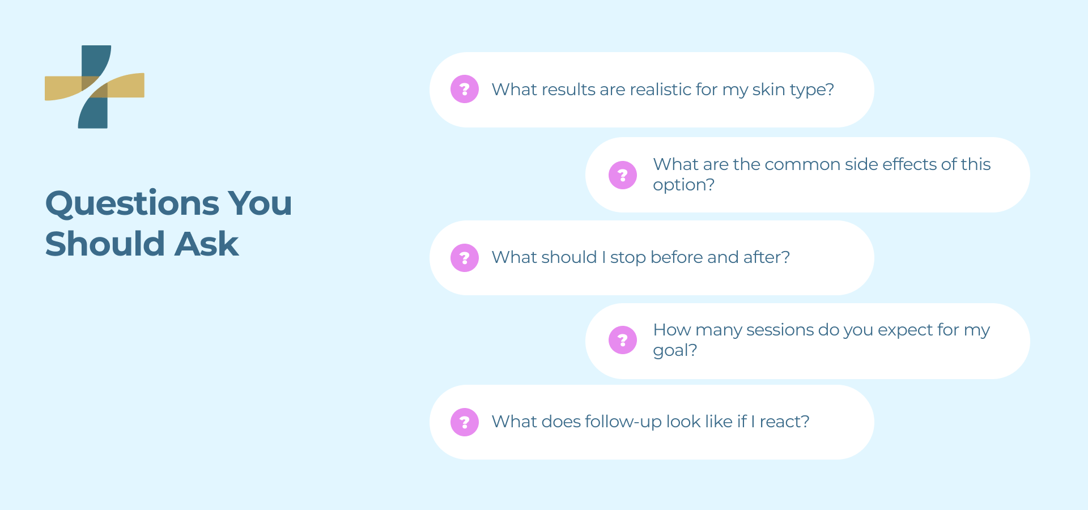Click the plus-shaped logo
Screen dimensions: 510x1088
click(95, 87)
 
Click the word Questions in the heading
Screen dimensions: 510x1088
click(132, 203)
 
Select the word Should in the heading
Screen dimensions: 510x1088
click(105, 244)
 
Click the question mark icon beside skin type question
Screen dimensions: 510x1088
click(465, 89)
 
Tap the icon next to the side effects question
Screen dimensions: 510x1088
click(623, 175)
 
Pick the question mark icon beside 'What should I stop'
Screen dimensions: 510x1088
click(465, 258)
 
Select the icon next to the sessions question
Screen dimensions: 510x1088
click(623, 340)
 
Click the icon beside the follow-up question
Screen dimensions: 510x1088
click(465, 422)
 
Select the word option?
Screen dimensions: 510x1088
click(683, 185)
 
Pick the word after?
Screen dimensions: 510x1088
click(766, 257)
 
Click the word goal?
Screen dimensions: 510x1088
click(675, 350)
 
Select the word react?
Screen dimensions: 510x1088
click(784, 422)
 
